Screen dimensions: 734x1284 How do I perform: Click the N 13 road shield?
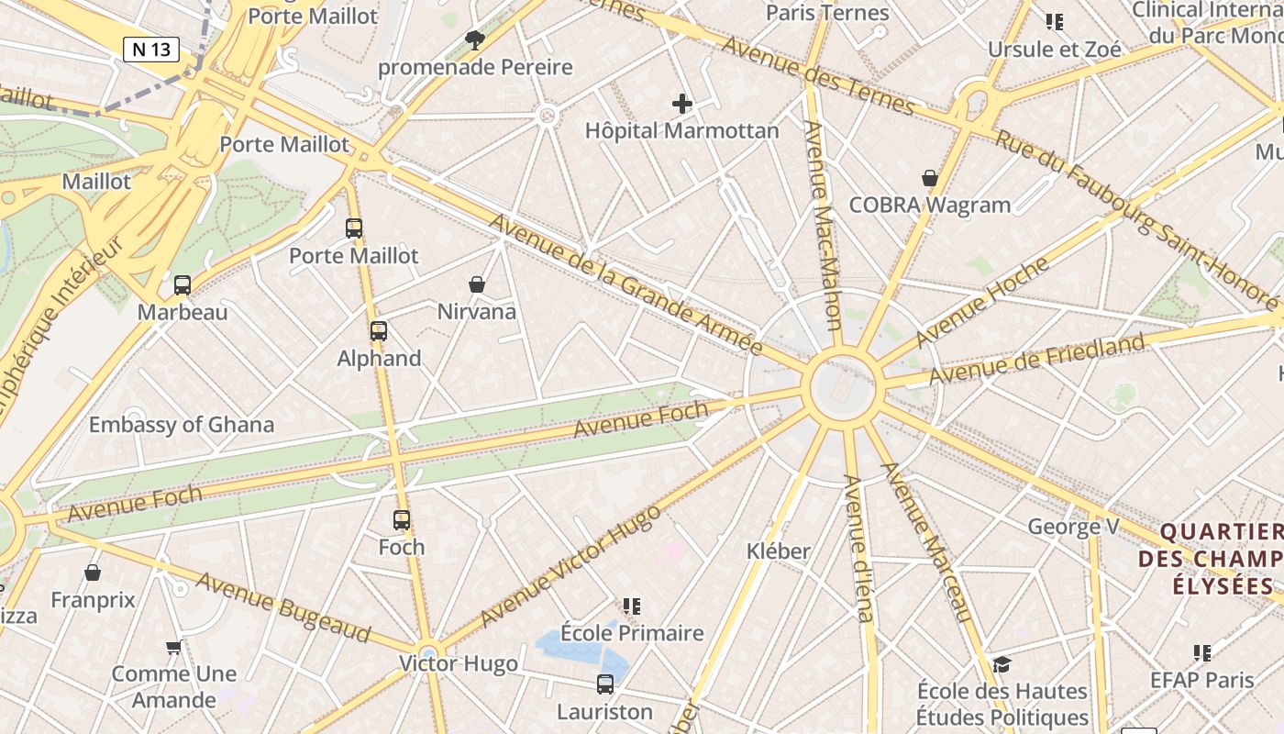click(151, 49)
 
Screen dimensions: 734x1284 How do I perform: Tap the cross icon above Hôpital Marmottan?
click(681, 104)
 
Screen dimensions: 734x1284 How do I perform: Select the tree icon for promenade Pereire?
click(474, 39)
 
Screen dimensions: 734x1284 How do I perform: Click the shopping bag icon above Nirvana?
click(476, 284)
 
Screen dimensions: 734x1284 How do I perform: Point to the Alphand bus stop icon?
click(378, 331)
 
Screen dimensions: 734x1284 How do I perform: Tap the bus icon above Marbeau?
click(183, 285)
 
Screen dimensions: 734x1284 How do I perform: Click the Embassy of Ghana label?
click(181, 424)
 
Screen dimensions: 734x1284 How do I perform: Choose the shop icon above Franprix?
click(93, 573)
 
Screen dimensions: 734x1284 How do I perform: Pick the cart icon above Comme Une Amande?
click(173, 648)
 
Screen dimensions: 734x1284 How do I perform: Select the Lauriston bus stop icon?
click(604, 684)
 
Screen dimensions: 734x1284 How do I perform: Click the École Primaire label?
click(632, 633)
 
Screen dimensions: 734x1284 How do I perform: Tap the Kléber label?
click(778, 550)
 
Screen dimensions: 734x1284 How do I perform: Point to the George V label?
click(1072, 527)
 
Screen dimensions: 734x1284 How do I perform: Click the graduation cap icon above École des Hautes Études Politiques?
click(1002, 663)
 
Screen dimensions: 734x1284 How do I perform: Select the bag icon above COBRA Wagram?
click(930, 178)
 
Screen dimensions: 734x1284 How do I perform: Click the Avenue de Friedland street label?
click(1036, 360)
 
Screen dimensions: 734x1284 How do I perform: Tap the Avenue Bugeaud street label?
click(283, 606)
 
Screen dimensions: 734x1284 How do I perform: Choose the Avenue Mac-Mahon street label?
click(823, 225)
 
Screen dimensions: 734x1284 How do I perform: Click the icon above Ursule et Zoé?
click(1054, 21)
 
